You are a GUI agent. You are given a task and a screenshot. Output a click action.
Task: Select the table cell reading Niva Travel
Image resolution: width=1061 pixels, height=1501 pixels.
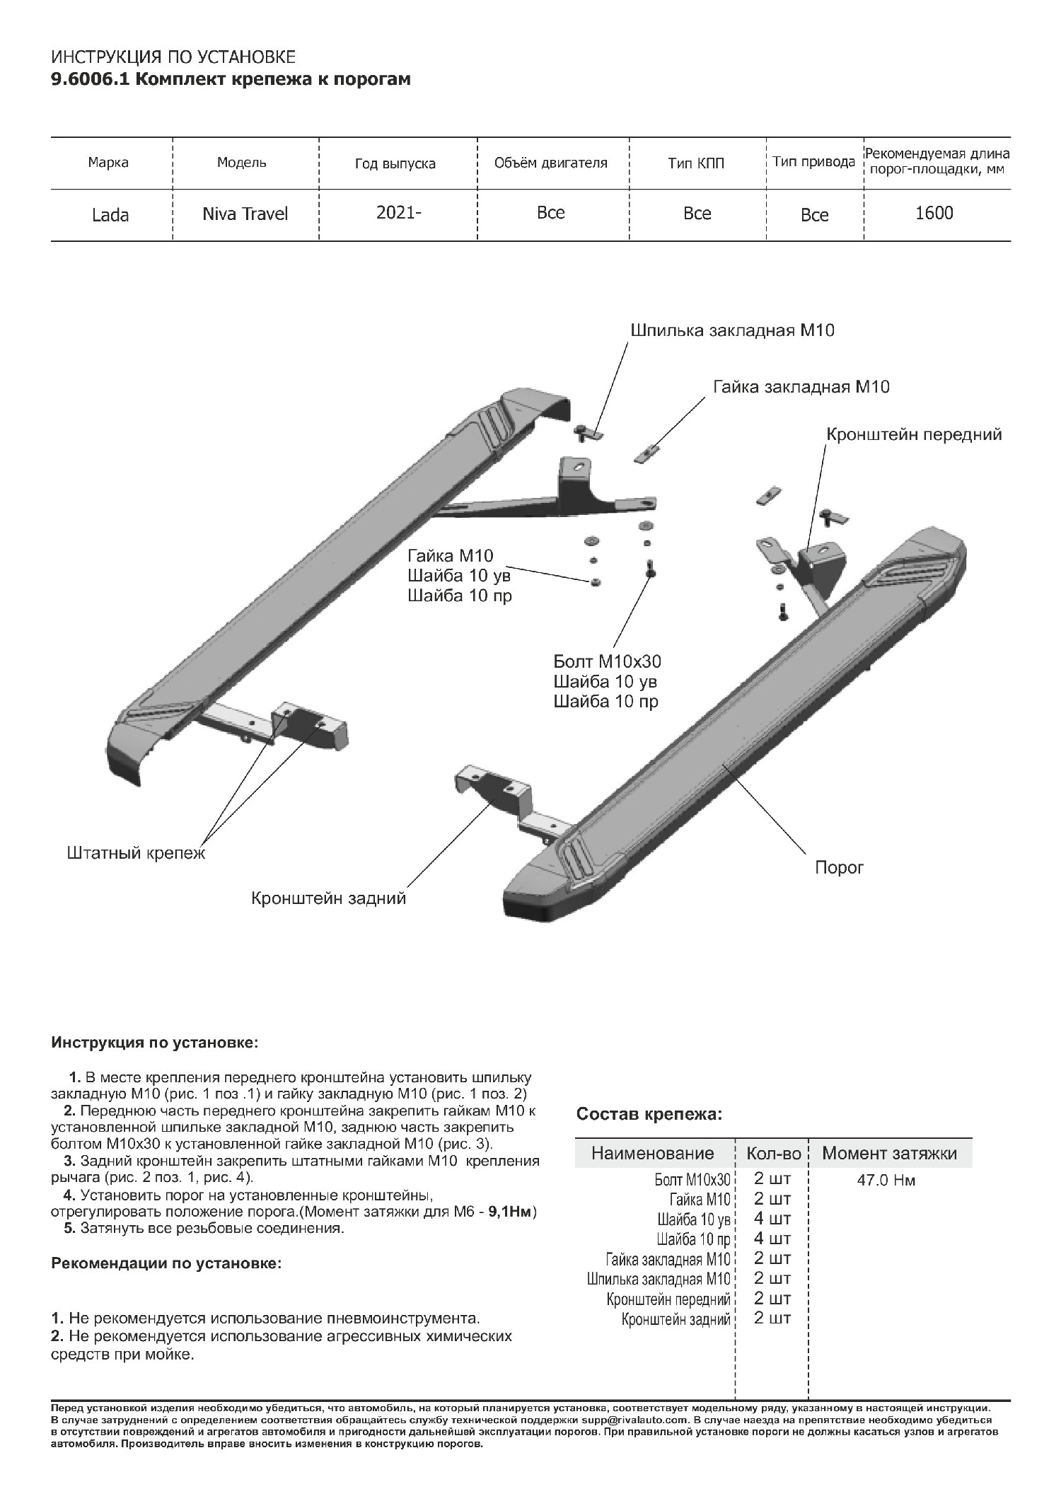[x=245, y=214]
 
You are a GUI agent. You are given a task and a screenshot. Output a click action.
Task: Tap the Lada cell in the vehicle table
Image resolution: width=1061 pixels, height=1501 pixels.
[x=110, y=215]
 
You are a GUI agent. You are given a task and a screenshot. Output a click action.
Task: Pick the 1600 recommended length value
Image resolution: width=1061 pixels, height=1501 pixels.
[x=934, y=213]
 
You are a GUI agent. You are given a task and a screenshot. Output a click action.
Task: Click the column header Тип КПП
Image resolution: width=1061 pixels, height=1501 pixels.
[x=696, y=163]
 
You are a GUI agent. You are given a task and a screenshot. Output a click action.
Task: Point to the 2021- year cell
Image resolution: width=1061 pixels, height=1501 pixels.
[x=398, y=213]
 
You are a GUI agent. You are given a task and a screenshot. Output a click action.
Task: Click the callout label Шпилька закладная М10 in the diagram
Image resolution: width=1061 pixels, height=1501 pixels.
[x=731, y=330]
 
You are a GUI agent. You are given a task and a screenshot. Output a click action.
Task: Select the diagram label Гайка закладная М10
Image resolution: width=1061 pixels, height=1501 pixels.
[x=801, y=387]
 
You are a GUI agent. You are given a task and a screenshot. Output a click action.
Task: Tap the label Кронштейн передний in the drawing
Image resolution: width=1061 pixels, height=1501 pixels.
[x=914, y=434]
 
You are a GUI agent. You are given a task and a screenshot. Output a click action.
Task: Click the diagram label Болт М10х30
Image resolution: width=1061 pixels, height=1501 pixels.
[x=607, y=662]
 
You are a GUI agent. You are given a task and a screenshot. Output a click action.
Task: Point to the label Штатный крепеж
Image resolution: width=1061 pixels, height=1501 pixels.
[x=136, y=853]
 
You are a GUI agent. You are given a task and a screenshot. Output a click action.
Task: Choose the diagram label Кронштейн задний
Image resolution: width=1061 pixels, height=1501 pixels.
[x=329, y=898]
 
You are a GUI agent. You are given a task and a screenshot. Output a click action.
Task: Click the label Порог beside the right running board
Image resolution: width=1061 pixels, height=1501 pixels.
[x=839, y=867]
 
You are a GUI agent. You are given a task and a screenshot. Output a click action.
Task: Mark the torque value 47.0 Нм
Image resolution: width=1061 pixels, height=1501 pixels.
[x=886, y=1181]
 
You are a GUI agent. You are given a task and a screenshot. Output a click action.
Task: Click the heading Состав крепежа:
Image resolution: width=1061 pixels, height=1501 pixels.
[x=649, y=1115]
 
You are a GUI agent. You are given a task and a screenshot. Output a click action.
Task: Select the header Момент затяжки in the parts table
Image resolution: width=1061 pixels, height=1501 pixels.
[x=889, y=1154]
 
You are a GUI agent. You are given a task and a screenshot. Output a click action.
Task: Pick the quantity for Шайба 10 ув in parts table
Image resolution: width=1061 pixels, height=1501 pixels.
[x=772, y=1219]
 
